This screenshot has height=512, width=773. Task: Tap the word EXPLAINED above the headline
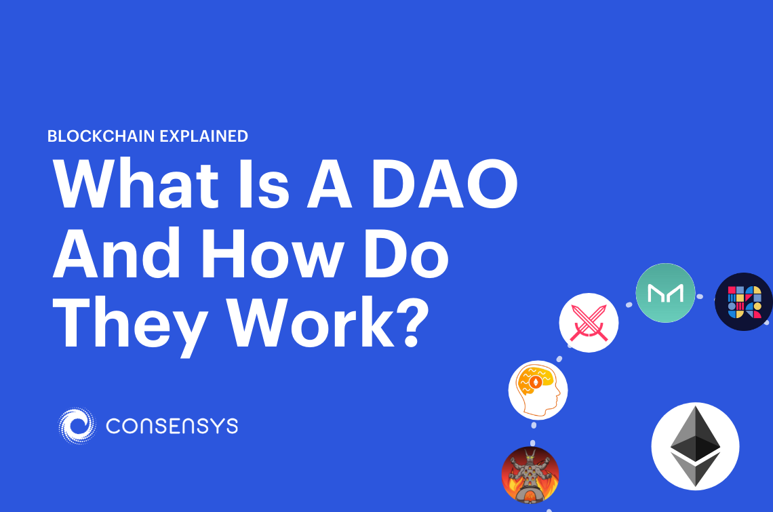pyautogui.click(x=203, y=136)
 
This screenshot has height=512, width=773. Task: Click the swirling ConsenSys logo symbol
pyautogui.click(x=77, y=426)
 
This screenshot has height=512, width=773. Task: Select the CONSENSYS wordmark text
pyautogui.click(x=172, y=426)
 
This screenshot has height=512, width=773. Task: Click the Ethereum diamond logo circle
pyautogui.click(x=695, y=446)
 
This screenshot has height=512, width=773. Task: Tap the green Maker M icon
pyautogui.click(x=665, y=293)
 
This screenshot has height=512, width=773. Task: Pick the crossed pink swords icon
pyautogui.click(x=589, y=322)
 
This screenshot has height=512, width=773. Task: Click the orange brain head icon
pyautogui.click(x=538, y=390)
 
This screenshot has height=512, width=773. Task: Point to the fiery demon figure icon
pyautogui.click(x=530, y=474)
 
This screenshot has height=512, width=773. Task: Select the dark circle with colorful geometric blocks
pyautogui.click(x=744, y=302)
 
